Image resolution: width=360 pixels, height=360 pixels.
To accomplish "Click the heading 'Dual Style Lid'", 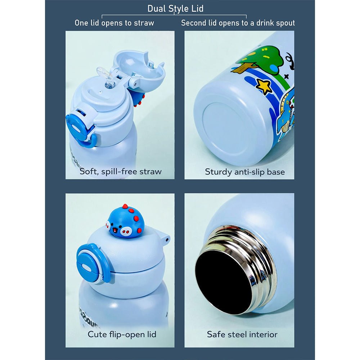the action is (x=175, y=9).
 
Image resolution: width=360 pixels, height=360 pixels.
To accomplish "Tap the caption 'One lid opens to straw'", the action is (x=114, y=23).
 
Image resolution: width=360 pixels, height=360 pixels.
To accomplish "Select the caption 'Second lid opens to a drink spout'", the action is (x=238, y=23).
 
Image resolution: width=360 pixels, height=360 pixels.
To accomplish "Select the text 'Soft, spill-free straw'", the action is (x=121, y=171).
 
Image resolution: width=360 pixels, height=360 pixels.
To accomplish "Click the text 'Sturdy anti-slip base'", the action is (x=245, y=172).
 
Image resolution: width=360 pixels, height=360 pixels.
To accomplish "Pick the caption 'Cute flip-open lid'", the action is (x=122, y=334).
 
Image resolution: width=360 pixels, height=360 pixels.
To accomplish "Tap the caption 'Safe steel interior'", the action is (x=242, y=334).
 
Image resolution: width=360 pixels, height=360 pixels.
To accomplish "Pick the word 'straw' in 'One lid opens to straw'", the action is (x=144, y=23).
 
